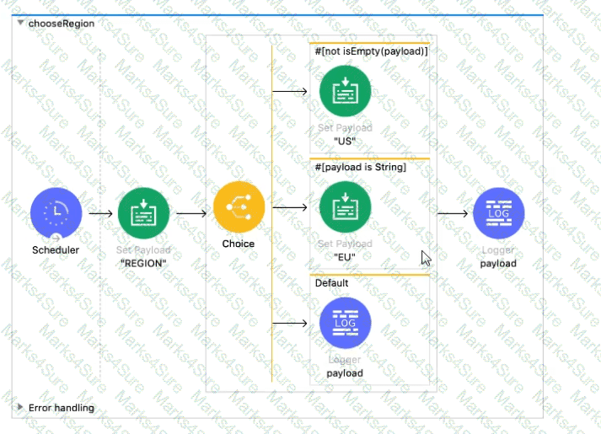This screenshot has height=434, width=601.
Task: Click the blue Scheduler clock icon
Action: coord(56,213)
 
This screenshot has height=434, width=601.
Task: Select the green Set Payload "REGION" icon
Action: coord(143,213)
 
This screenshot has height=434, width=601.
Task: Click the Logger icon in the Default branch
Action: coord(345,323)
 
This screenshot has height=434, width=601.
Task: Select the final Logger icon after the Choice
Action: coord(499,213)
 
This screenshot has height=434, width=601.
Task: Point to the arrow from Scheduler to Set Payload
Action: coord(99,213)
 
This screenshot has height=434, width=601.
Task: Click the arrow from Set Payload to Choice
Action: coord(190,213)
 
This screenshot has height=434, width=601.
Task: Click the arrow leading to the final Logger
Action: coord(453,213)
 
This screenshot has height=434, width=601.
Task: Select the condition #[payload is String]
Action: coord(360,167)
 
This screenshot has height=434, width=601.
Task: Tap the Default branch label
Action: coord(332,283)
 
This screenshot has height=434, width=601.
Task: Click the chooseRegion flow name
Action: coord(62,24)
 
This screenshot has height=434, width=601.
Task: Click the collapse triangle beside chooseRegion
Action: coord(20,24)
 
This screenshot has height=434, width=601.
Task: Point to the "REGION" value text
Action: coord(143,262)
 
